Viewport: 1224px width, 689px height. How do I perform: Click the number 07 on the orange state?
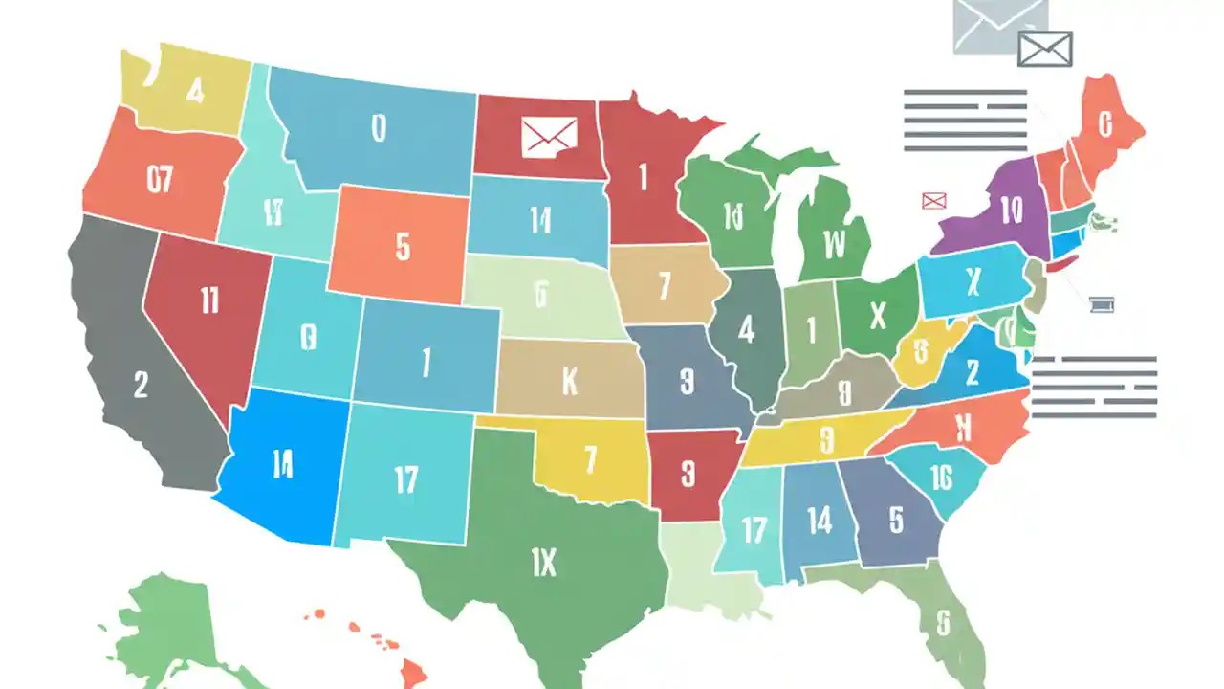tap(160, 178)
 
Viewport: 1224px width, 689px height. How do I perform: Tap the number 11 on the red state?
tap(210, 300)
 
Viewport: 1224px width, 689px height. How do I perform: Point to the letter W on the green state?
tap(835, 246)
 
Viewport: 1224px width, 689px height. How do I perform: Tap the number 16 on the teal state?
tap(940, 477)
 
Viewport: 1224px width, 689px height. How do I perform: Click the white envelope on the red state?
tap(549, 137)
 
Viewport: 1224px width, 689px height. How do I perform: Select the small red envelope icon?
tap(933, 200)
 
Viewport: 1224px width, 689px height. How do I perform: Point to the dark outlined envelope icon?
tap(1044, 49)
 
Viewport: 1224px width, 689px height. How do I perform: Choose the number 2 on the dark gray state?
tap(142, 385)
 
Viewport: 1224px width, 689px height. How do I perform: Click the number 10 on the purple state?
tap(1012, 211)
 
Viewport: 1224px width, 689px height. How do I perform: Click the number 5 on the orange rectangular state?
tap(403, 247)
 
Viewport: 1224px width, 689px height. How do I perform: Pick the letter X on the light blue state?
tap(973, 281)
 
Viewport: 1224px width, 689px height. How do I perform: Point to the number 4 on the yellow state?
tap(195, 92)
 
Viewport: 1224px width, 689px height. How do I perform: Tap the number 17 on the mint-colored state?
tap(754, 529)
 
